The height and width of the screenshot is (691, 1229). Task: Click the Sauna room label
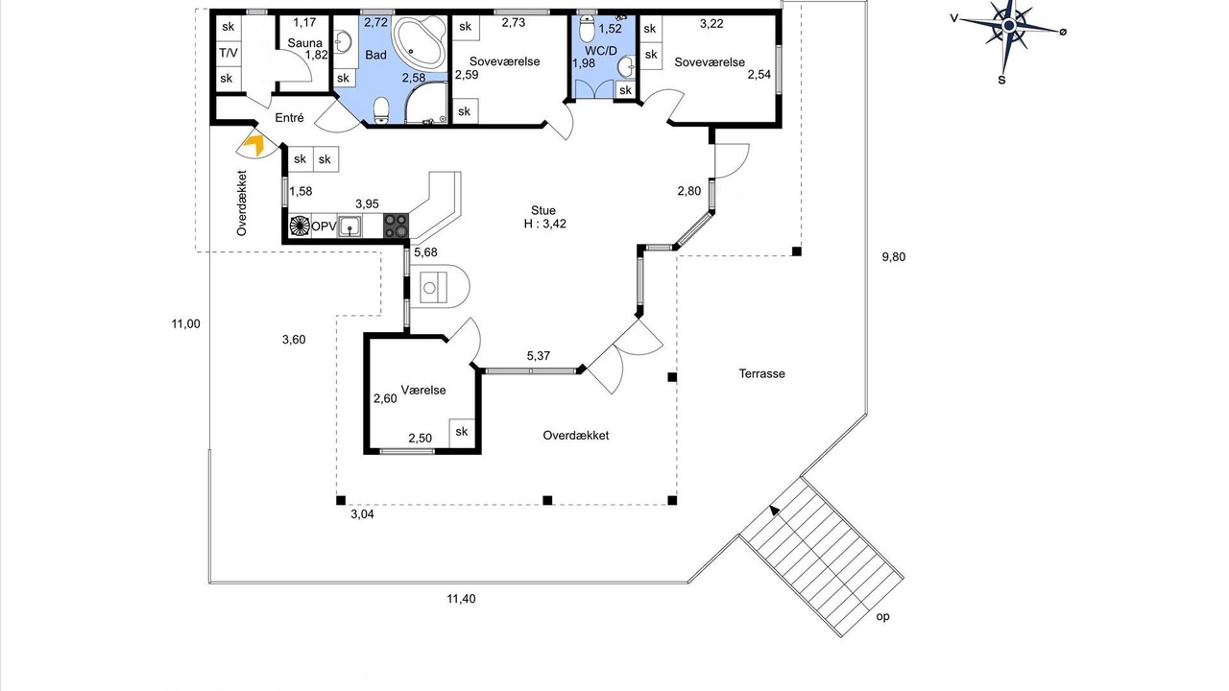304,43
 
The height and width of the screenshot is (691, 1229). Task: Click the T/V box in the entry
229,53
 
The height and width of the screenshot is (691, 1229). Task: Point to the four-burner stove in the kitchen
396,226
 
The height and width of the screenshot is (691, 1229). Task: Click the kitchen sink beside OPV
349,226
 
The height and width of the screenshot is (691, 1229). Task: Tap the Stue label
543,210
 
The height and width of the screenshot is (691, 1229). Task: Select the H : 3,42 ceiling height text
544,224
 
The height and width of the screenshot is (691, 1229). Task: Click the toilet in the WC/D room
587,29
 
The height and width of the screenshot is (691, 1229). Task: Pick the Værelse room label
423,391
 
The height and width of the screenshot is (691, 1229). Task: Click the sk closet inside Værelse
462,432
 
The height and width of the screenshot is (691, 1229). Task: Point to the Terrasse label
761,374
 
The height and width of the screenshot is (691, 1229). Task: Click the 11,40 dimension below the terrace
461,599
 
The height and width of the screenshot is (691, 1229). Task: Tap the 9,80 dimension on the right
894,256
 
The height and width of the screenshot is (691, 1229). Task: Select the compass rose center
1008,26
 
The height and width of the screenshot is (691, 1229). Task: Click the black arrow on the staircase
775,511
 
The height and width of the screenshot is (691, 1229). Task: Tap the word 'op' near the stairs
882,616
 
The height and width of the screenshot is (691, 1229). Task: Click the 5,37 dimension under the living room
539,356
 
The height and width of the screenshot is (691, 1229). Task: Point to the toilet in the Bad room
381,109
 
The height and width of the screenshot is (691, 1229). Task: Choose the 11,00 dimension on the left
186,324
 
